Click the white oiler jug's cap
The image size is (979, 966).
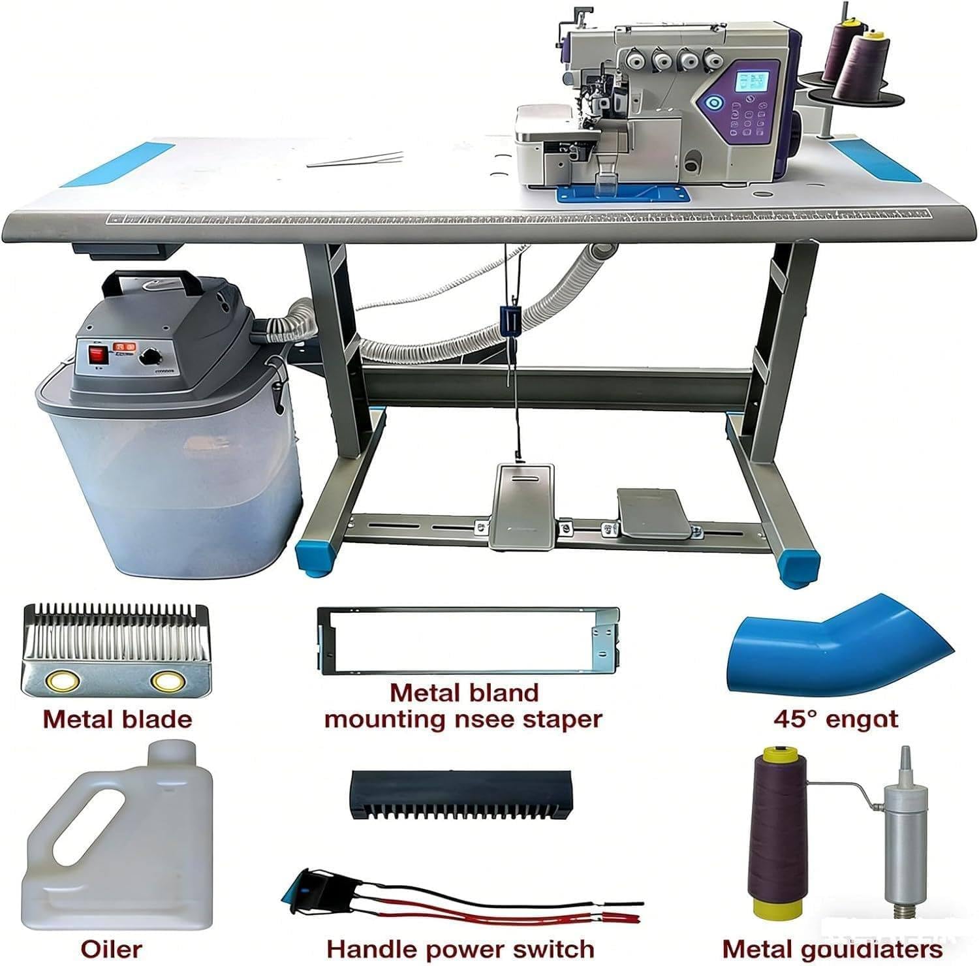pyautogui.click(x=172, y=752)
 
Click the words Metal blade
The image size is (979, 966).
pyautogui.click(x=117, y=719)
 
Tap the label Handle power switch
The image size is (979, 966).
pyautogui.click(x=460, y=948)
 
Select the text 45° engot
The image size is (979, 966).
pyautogui.click(x=835, y=719)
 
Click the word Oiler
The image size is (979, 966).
pyautogui.click(x=111, y=948)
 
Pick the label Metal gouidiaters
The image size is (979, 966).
pyautogui.click(x=832, y=949)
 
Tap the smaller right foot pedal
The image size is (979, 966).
pyautogui.click(x=652, y=513)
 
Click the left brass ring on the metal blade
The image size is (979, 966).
pyautogui.click(x=63, y=681)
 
